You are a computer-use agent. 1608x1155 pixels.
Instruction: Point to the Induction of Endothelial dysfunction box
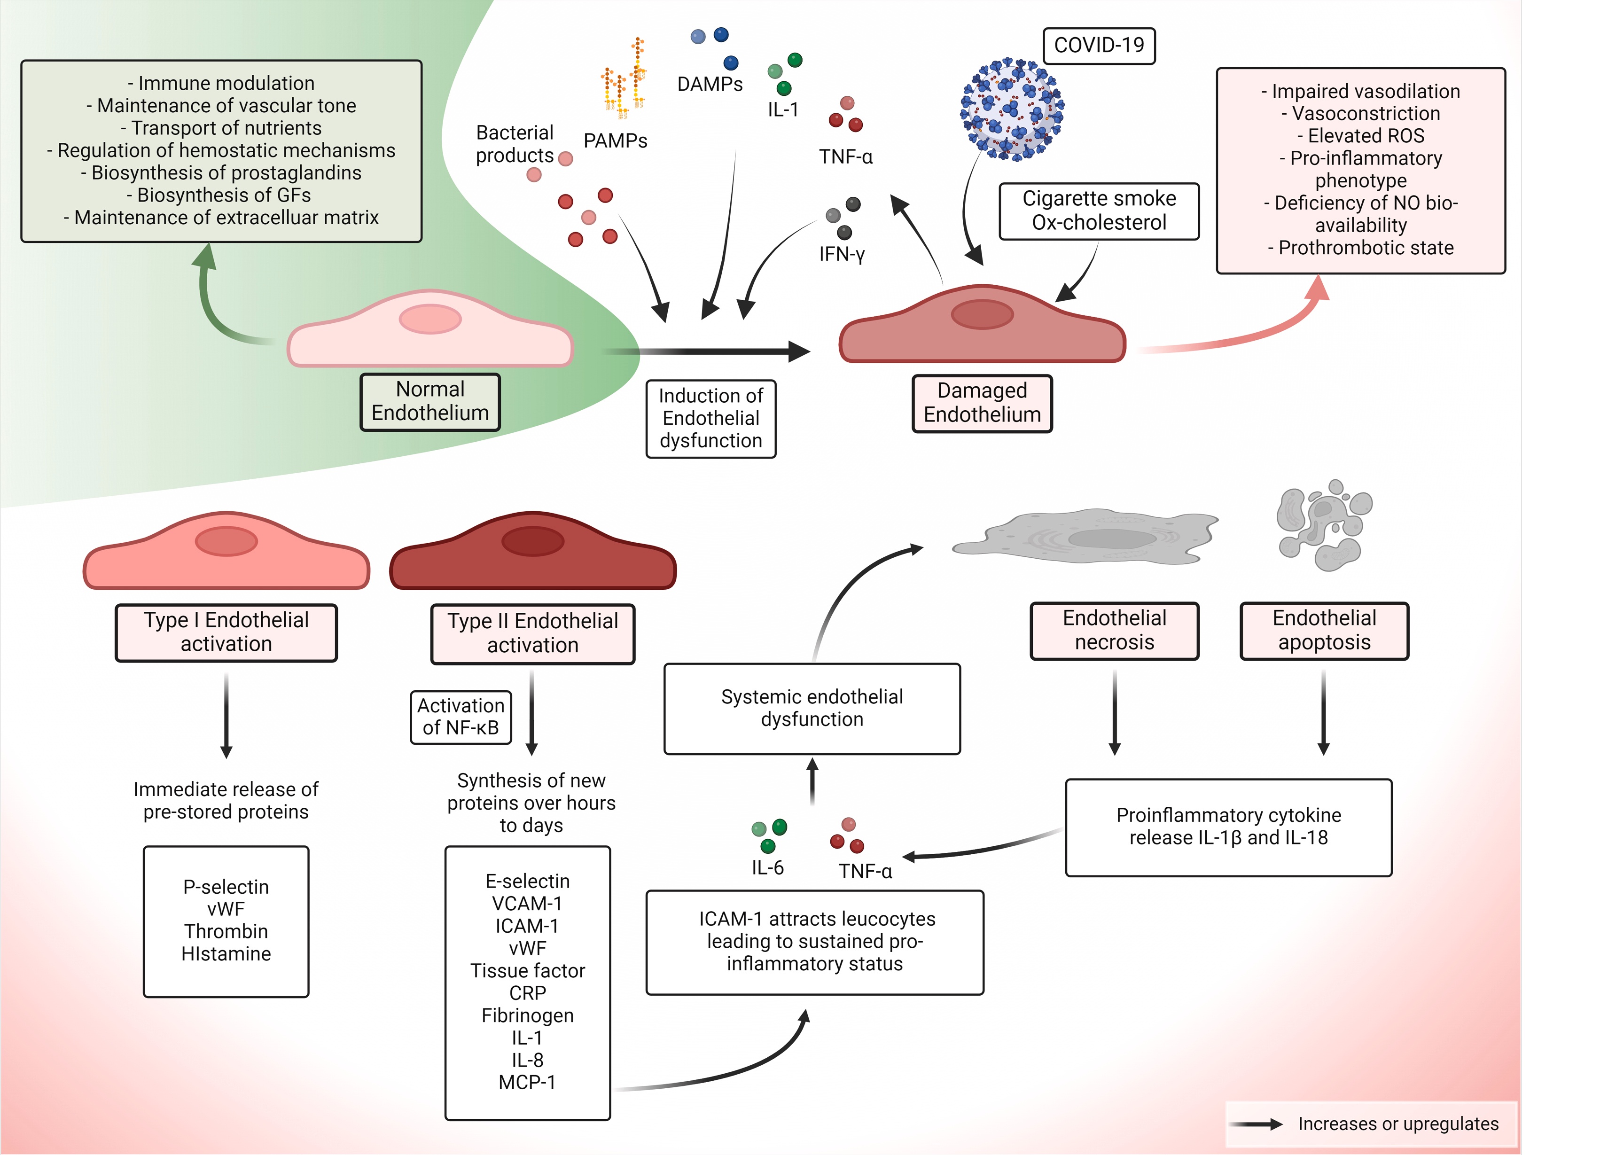pyautogui.click(x=710, y=418)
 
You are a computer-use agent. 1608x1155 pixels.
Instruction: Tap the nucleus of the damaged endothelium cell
pyautogui.click(x=982, y=314)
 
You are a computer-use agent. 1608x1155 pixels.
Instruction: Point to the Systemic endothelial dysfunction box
pyautogui.click(x=812, y=708)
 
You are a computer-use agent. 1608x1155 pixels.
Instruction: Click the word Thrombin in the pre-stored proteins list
pyautogui.click(x=226, y=931)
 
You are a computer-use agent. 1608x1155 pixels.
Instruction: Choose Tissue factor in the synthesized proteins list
pyautogui.click(x=528, y=971)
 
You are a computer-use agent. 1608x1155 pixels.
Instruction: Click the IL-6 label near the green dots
pyautogui.click(x=768, y=868)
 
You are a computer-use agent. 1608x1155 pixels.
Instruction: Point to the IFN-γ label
pyautogui.click(x=842, y=254)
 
